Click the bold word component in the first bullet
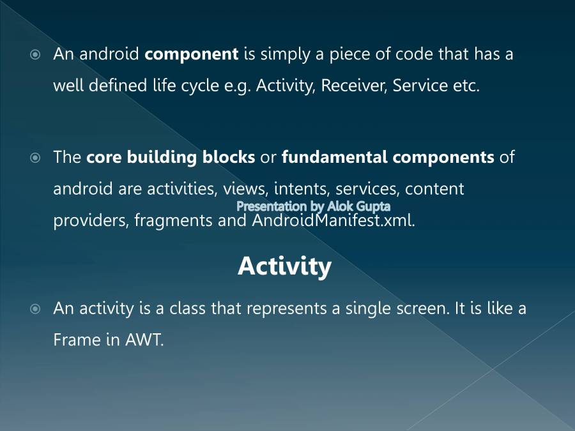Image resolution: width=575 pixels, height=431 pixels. pos(191,55)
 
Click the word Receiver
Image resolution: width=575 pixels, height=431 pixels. pos(353,86)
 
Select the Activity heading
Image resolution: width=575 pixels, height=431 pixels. pos(284,266)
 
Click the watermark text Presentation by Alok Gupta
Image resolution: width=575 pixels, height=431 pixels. pos(313,206)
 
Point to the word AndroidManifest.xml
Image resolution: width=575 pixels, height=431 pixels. pos(333,221)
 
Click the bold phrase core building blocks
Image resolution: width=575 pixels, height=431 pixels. pos(171,157)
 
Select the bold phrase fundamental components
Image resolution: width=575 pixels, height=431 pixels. pos(388,157)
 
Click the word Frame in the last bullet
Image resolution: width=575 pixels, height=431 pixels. pos(77,340)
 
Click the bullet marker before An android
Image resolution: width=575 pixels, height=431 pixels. pos(36,55)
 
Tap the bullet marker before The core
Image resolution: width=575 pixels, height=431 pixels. pos(36,157)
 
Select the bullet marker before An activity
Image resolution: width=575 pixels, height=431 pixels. pos(36,309)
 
